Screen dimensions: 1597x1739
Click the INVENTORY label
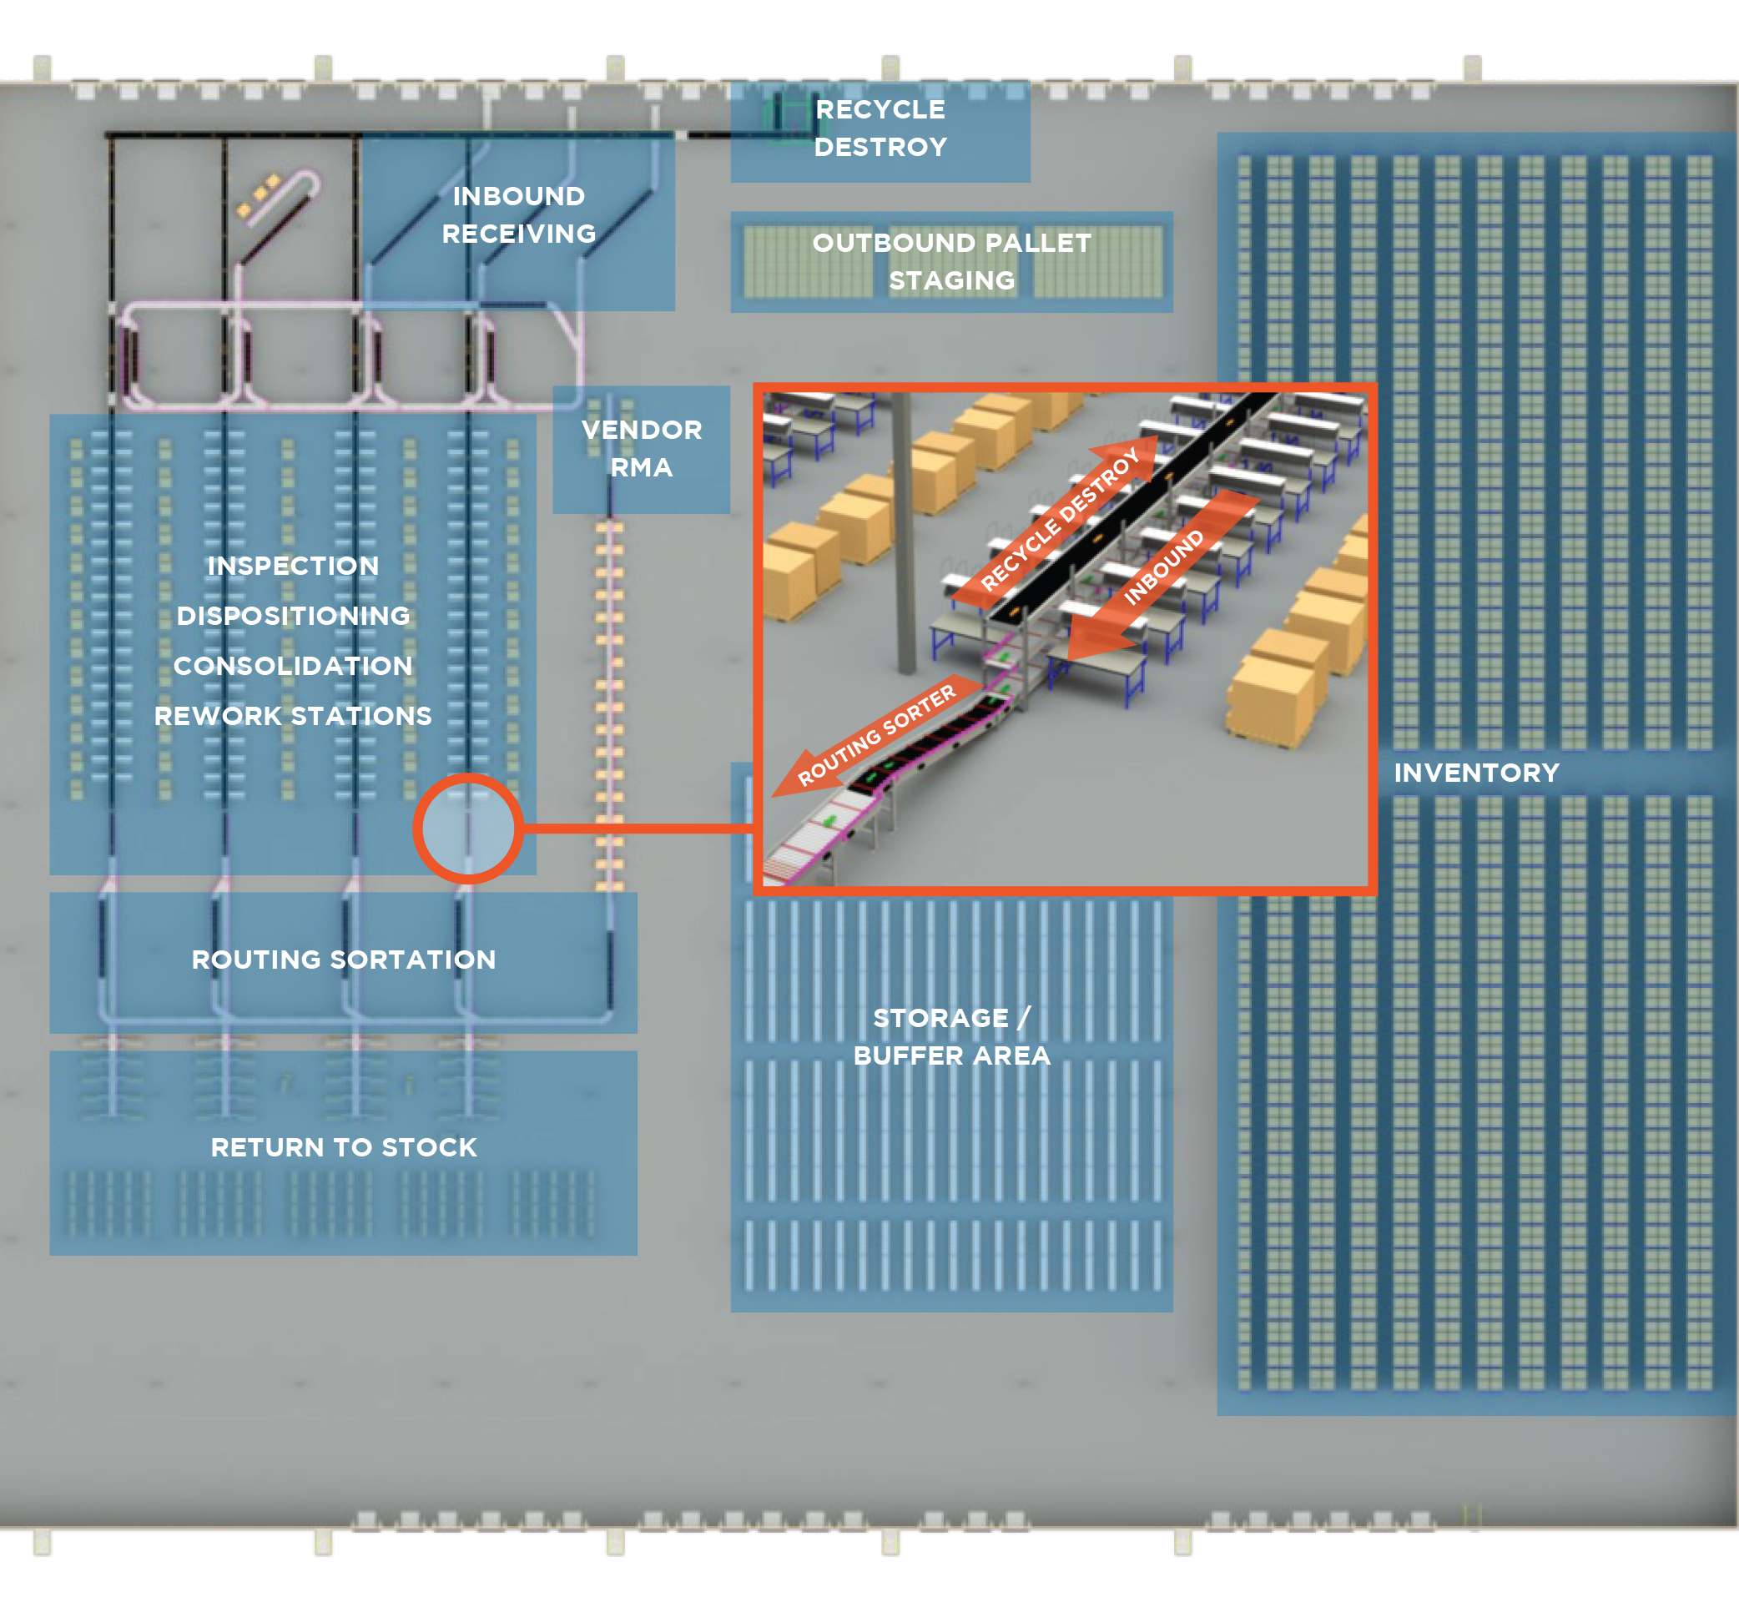tap(1476, 772)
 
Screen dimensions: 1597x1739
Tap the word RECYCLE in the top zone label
tap(880, 110)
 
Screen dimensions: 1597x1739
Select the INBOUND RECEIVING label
tap(518, 214)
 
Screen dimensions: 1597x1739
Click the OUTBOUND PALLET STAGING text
tap(951, 261)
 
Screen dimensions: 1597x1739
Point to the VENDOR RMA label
tap(642, 447)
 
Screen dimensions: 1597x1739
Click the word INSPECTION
tap(293, 566)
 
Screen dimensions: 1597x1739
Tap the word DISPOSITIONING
tap(293, 615)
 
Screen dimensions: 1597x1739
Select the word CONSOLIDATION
tap(293, 666)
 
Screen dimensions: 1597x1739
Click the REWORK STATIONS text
tap(293, 716)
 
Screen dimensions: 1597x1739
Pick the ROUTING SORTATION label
tap(343, 960)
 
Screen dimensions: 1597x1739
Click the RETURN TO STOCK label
tap(343, 1146)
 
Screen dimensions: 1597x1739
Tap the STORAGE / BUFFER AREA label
tap(951, 1036)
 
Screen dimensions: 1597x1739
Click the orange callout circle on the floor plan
tap(467, 828)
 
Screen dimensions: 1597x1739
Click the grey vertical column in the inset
tap(904, 536)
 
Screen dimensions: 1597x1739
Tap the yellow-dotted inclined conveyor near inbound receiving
tap(275, 213)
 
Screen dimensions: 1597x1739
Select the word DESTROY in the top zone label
tap(880, 147)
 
